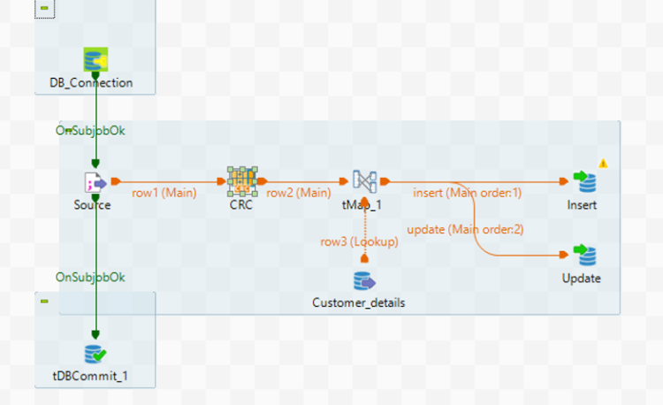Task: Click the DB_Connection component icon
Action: [95, 60]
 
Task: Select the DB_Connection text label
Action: [91, 83]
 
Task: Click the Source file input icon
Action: [95, 183]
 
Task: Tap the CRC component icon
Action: [241, 181]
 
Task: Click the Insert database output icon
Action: [583, 182]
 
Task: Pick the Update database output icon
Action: [583, 256]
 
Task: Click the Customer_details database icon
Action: [364, 280]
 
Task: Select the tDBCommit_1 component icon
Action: [95, 355]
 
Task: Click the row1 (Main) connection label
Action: [164, 192]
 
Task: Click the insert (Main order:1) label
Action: [468, 192]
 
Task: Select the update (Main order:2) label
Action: [465, 230]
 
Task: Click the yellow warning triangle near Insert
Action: [604, 163]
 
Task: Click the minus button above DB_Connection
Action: [44, 6]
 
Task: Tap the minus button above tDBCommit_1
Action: [44, 302]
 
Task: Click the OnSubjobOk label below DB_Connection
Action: [90, 130]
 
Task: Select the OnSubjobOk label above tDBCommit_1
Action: [90, 277]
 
